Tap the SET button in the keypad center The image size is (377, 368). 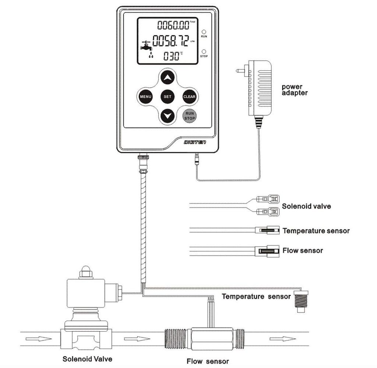coord(167,96)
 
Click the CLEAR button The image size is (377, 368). coord(189,96)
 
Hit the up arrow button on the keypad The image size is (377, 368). coord(168,78)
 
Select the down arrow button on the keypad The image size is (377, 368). coord(168,116)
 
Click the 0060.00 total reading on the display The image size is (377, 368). coord(174,25)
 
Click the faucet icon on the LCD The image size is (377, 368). coord(147,46)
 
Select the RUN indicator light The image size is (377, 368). coord(204,32)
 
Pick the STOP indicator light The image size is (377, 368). coord(204,51)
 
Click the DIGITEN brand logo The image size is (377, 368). coord(195,142)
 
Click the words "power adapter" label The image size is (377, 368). coord(295,90)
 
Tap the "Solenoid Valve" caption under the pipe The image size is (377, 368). coord(87,358)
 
